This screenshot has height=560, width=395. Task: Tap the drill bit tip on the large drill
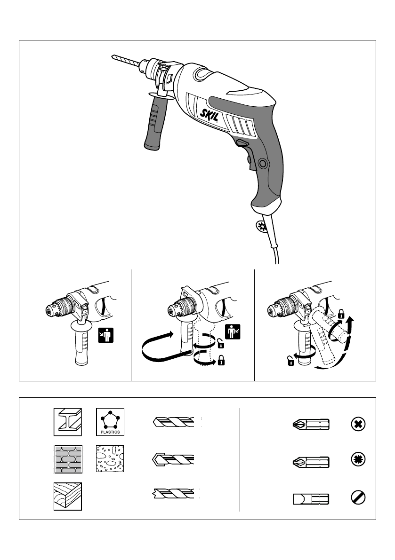tap(113, 57)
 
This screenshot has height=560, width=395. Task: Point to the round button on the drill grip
tap(262, 163)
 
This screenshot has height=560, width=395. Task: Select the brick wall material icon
tap(67, 459)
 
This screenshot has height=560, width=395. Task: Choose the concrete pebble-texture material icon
tap(110, 459)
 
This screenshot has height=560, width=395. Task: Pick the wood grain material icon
tap(67, 496)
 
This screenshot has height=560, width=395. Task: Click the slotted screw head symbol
tap(358, 498)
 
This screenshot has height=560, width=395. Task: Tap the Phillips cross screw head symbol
tap(358, 425)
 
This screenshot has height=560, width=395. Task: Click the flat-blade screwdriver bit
tap(311, 498)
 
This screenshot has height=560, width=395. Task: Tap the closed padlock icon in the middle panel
tap(221, 362)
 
